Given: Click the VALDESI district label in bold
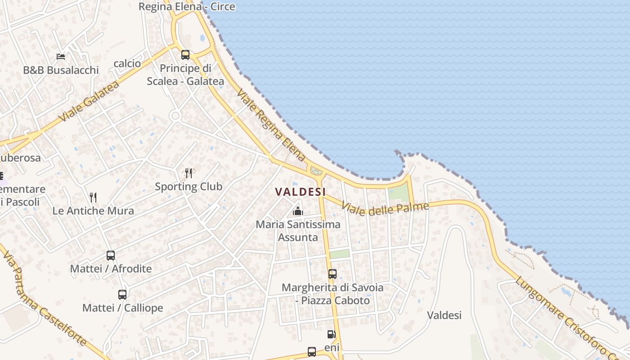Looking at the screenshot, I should click(x=300, y=192).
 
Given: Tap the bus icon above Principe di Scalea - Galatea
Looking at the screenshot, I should click(x=185, y=55).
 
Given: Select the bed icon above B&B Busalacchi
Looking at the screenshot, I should click(x=61, y=57).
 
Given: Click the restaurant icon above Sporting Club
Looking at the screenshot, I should click(x=189, y=173).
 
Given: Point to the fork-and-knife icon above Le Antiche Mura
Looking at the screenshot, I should click(x=93, y=197).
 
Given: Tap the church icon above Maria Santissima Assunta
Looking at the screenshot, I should click(x=297, y=211).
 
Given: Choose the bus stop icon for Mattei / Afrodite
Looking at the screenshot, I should click(x=111, y=256).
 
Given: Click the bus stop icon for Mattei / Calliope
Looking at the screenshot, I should click(x=122, y=295).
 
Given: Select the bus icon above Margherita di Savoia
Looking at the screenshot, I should click(x=332, y=274).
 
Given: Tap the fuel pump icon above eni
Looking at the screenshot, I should click(x=331, y=334).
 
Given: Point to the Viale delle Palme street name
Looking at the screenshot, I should click(x=385, y=208).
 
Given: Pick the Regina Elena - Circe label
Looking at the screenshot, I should click(x=187, y=7).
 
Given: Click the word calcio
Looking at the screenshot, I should click(x=127, y=63).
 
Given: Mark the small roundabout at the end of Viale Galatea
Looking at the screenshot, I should click(x=175, y=116).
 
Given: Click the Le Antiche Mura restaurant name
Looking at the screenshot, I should click(x=93, y=211).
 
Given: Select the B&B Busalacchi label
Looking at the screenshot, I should click(x=61, y=70).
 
